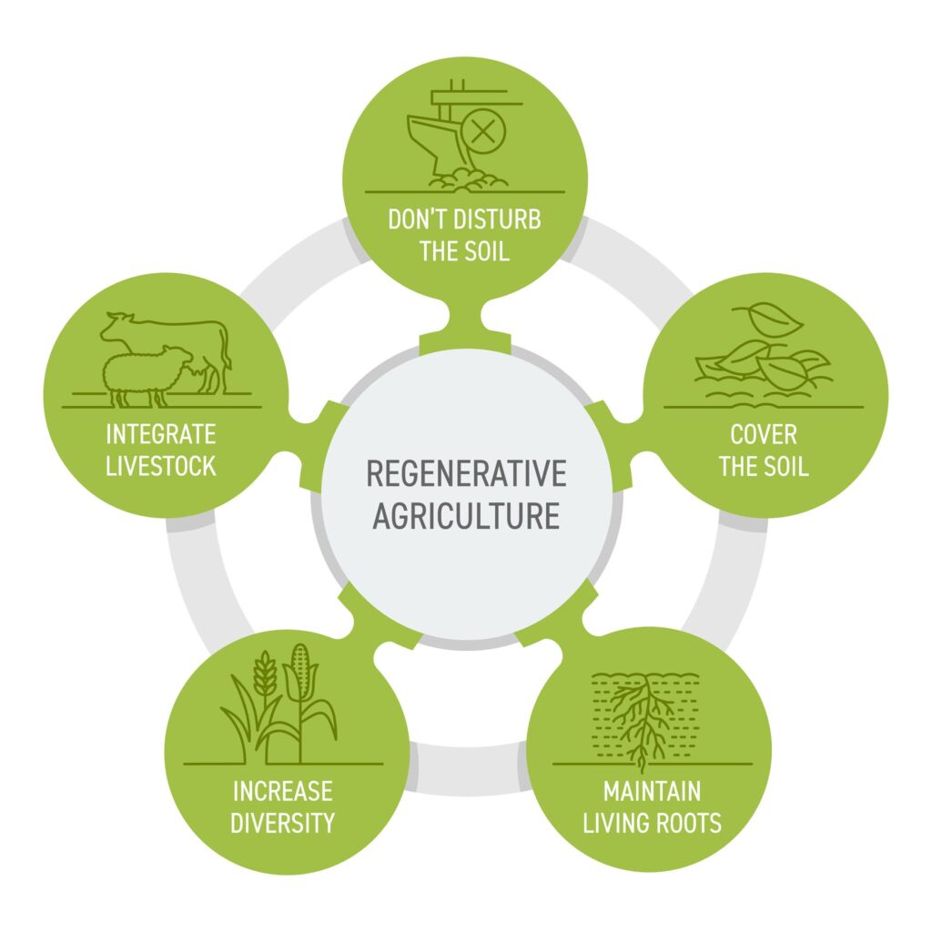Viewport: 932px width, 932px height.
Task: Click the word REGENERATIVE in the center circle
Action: click(x=466, y=474)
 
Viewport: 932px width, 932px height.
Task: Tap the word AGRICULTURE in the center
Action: click(x=466, y=515)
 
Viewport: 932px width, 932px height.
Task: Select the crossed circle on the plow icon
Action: click(x=484, y=131)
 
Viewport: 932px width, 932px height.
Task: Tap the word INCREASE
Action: click(x=281, y=790)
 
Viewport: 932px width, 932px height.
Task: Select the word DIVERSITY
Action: click(x=281, y=823)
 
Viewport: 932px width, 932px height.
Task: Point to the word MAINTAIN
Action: click(x=652, y=790)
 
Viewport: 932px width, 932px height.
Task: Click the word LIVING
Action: click(x=614, y=824)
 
